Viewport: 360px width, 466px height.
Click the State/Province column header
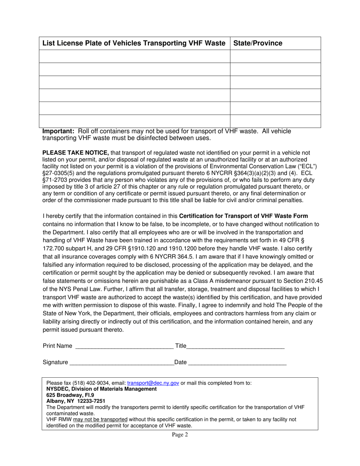[x=258, y=43]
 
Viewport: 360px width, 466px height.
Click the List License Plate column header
[x=134, y=43]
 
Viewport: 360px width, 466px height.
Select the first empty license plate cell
[x=135, y=56]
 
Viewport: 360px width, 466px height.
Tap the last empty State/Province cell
[x=275, y=121]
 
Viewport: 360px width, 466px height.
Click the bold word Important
[x=58, y=131]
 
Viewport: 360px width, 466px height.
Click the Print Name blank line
[x=124, y=346]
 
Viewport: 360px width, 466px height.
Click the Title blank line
[x=235, y=346]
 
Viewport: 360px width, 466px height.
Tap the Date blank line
[x=237, y=362]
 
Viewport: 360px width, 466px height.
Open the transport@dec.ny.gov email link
[x=153, y=383]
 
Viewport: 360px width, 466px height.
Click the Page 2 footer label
[x=180, y=435]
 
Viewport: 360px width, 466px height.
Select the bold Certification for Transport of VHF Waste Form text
[x=243, y=216]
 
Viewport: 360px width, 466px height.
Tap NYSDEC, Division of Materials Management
[x=101, y=389]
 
